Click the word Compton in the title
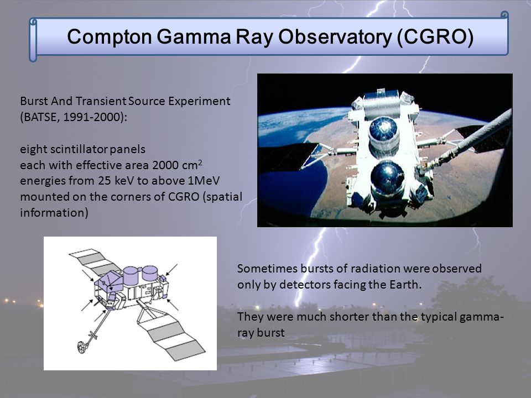point(110,36)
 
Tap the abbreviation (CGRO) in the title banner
point(435,36)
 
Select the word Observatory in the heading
point(335,36)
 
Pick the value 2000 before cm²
point(165,165)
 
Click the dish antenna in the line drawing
point(82,347)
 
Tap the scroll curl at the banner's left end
point(33,40)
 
